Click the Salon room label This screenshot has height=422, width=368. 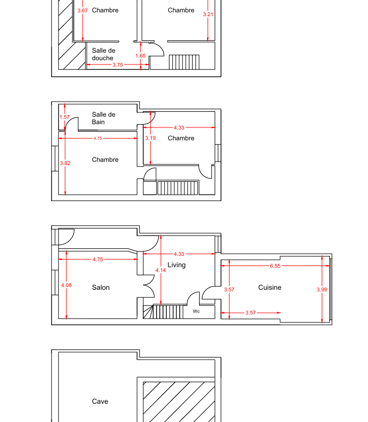tap(101, 288)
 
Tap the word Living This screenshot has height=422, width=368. tap(176, 265)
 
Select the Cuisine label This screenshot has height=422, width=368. tap(270, 288)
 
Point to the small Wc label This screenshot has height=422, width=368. tap(196, 311)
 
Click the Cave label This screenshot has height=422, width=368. tap(100, 401)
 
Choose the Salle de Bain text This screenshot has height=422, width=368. tap(103, 118)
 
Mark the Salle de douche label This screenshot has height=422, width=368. tap(103, 54)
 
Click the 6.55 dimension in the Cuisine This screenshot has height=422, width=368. tap(275, 266)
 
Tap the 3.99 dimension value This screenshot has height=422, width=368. tap(322, 290)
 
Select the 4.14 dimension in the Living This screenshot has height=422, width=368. tap(160, 270)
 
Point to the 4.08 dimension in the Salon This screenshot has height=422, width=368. tap(66, 285)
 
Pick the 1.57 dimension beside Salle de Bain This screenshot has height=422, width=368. tap(65, 117)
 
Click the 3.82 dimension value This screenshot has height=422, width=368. tap(65, 163)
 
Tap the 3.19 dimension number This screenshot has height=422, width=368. tap(150, 138)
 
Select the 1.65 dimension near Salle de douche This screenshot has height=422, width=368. tap(140, 56)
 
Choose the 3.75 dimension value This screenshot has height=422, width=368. tap(118, 65)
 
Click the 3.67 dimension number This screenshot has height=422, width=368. tap(82, 11)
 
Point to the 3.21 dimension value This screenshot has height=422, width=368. tap(208, 15)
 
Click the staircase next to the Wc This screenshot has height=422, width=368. tap(163, 312)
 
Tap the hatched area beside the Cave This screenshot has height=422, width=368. tap(179, 402)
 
